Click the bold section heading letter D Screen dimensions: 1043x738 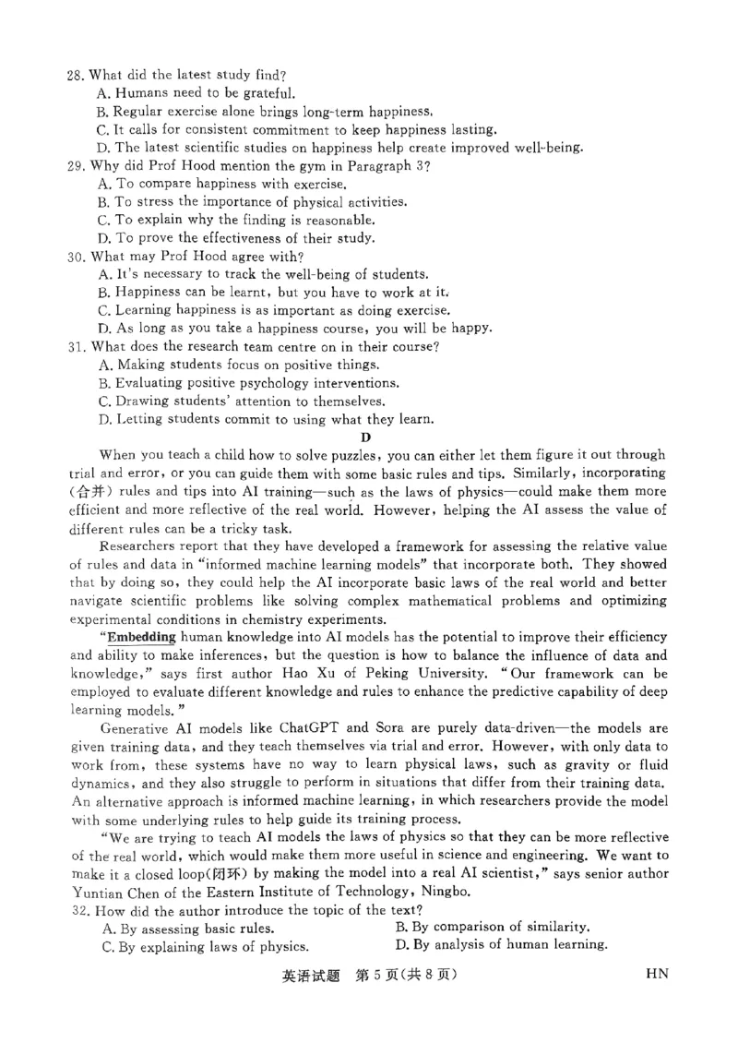[x=366, y=437]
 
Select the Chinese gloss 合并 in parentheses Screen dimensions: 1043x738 [x=90, y=492]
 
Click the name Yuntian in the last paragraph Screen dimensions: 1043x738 [x=99, y=892]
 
